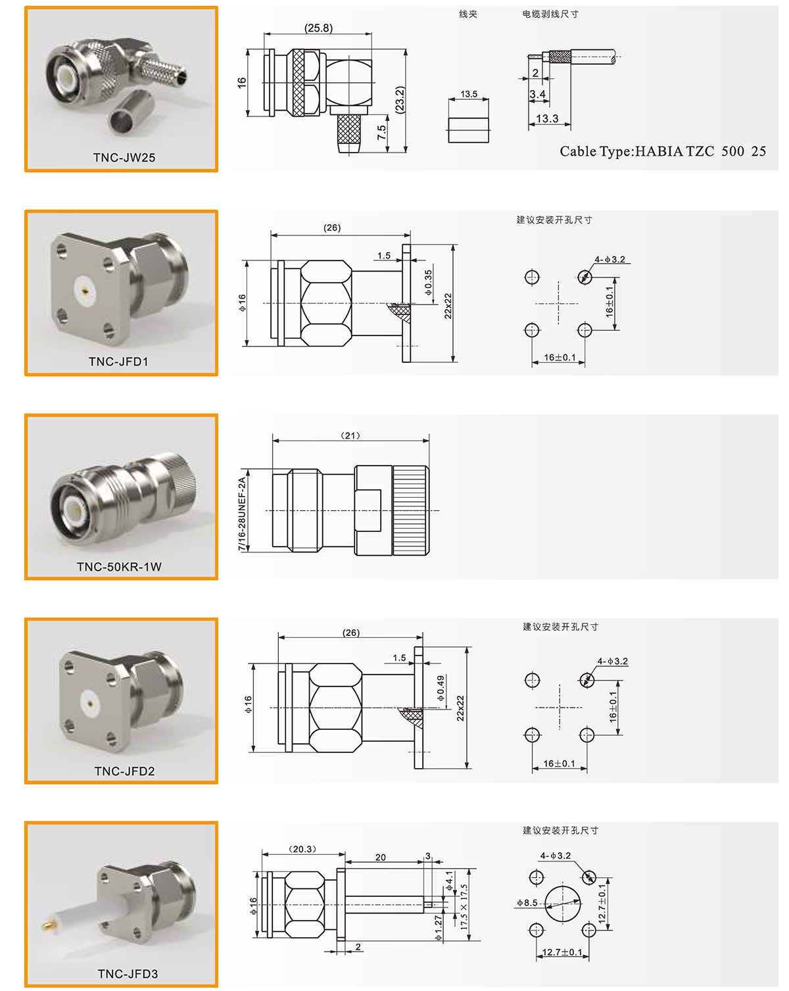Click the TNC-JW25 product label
coord(124,157)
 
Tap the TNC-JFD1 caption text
coord(118,362)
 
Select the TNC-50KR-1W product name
coord(119,566)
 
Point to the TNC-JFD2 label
coord(124,771)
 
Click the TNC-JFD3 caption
coord(128,973)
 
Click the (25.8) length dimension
coord(318,28)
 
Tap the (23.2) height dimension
coord(400,99)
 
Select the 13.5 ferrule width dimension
coord(468,94)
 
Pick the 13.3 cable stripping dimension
coord(547,118)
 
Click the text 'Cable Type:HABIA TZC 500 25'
coord(662,151)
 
